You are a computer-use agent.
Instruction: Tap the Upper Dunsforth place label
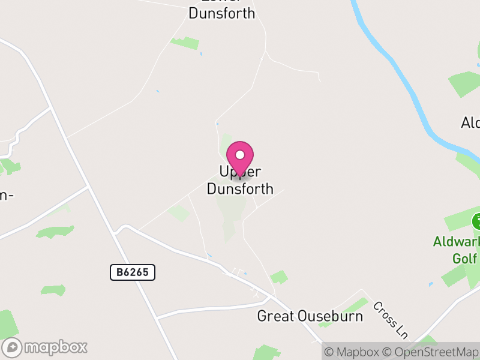(x=240, y=181)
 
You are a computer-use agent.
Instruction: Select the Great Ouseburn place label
(x=310, y=316)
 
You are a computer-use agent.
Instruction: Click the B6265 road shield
(x=133, y=272)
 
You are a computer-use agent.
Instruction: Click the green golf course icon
(x=476, y=221)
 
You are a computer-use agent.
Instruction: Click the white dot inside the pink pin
(x=240, y=154)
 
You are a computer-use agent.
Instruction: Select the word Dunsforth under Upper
(x=240, y=189)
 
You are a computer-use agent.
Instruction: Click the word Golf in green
(x=464, y=259)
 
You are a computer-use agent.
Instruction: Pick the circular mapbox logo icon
(x=12, y=347)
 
